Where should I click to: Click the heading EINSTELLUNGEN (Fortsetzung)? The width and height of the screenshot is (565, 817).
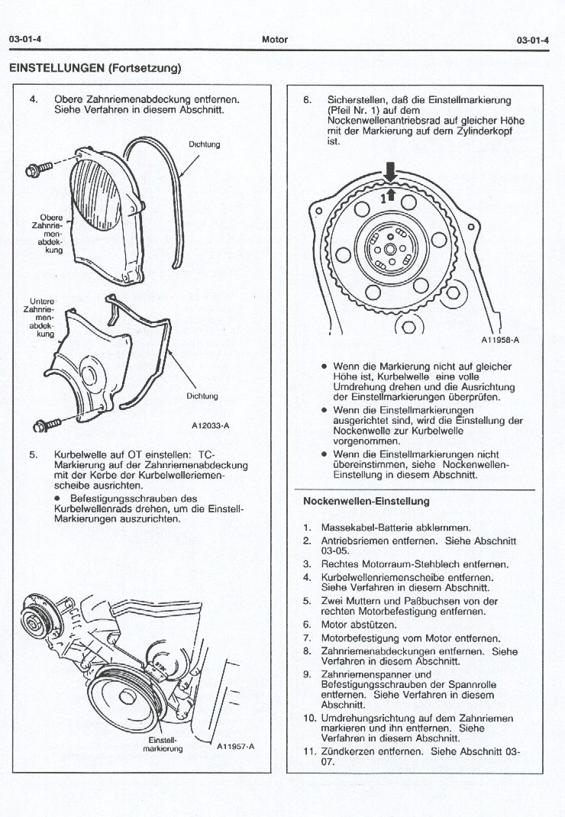point(95,67)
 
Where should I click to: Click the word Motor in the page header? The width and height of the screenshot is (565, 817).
point(274,40)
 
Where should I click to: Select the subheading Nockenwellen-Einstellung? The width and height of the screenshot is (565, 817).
point(366,502)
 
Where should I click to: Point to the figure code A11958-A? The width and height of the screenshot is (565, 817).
point(500,341)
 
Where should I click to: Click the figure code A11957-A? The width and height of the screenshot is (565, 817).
point(235,746)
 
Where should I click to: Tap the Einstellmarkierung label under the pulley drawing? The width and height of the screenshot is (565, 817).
point(163,744)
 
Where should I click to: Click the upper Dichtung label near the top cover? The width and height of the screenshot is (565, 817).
point(204,144)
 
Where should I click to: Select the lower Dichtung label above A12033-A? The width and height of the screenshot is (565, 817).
point(202,396)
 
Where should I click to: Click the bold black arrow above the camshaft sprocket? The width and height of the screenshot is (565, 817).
point(390,171)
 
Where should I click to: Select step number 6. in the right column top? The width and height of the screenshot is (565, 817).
point(308,100)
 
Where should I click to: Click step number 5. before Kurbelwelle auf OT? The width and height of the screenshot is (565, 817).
point(33,454)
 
